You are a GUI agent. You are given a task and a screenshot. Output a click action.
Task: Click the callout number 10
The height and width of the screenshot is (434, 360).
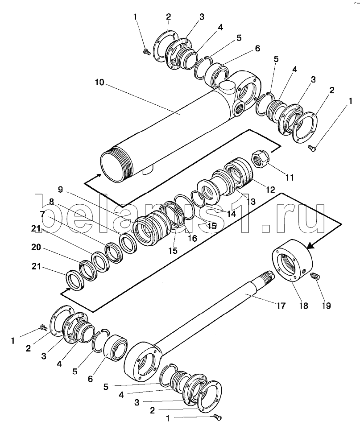tap(99, 82)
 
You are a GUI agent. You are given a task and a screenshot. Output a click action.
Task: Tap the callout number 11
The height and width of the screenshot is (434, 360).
tap(290, 177)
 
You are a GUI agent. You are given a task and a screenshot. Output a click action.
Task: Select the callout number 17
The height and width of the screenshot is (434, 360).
tap(281, 306)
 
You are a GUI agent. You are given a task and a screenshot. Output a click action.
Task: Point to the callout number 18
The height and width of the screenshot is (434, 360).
tap(304, 306)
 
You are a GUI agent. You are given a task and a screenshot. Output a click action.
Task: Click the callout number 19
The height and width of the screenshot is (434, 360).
tap(326, 306)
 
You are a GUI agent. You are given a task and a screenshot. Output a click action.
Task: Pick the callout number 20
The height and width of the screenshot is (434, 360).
tap(36, 247)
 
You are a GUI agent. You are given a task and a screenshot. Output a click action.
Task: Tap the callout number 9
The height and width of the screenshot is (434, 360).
tap(60, 190)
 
